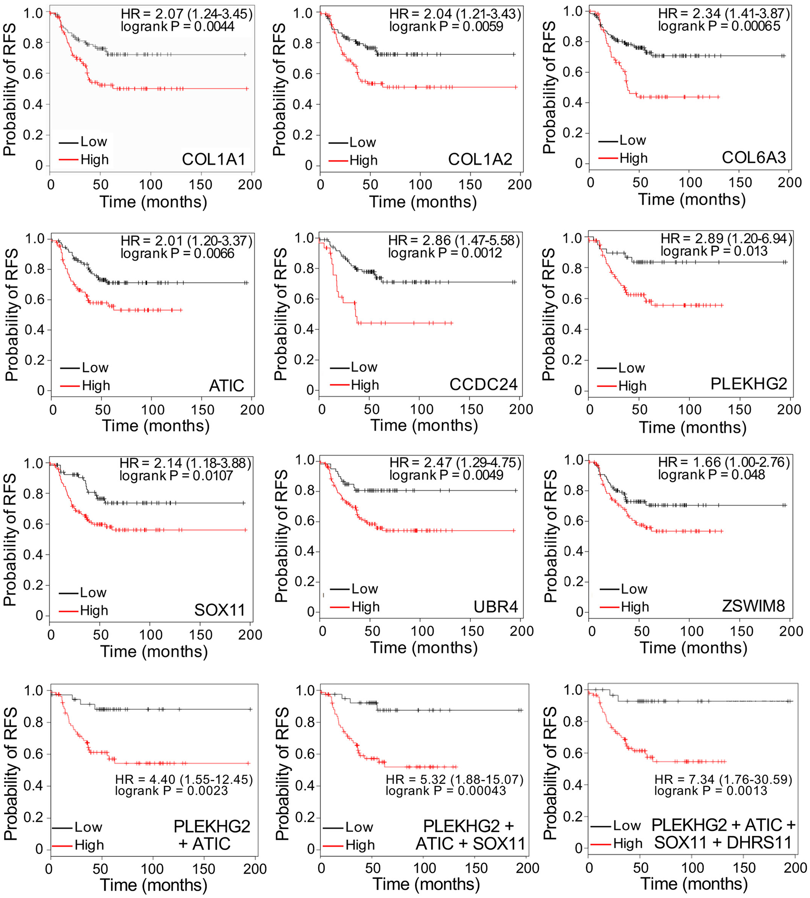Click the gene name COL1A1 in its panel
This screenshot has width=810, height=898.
coord(213,159)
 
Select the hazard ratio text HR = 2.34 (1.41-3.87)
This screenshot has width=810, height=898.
coord(724,14)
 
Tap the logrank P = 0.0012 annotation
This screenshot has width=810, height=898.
coord(445,253)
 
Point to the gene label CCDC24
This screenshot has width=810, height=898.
coord(483,384)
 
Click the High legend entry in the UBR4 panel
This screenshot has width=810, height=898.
coord(365,607)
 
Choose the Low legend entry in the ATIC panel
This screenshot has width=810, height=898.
coord(95,367)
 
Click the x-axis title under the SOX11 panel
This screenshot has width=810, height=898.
coord(154,651)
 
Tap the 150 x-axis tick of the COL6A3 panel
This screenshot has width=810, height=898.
coord(740,183)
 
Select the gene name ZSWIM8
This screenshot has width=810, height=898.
coord(753,606)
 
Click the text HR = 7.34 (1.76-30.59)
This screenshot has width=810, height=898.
coord(723,779)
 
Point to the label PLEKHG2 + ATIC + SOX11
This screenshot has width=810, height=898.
coord(470,834)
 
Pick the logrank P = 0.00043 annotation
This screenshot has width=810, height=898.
coord(446,791)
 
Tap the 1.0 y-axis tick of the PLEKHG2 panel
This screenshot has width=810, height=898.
coord(572,238)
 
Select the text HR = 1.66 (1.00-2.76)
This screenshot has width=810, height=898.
coord(724,462)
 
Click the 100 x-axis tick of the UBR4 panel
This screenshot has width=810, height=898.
coord(422,631)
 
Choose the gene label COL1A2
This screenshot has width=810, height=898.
coord(480,159)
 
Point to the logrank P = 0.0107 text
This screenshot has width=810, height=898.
coord(176,476)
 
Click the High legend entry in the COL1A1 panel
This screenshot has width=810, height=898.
coord(94,159)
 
